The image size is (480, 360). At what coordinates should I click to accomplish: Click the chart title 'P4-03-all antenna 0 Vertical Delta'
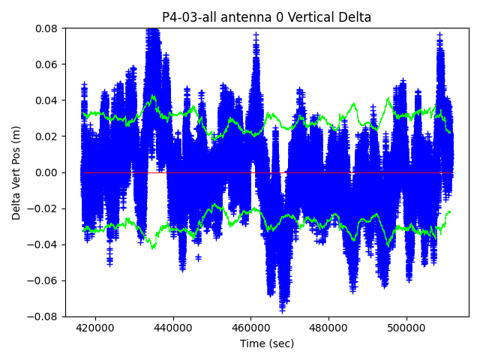click(267, 17)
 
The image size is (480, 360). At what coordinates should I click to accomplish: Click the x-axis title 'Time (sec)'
click(267, 343)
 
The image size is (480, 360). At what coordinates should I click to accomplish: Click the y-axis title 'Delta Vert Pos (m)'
click(16, 172)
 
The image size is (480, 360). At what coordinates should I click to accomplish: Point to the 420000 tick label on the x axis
click(95, 328)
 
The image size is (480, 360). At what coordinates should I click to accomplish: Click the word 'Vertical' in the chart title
click(312, 17)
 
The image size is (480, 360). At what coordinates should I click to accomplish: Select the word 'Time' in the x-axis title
click(253, 343)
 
